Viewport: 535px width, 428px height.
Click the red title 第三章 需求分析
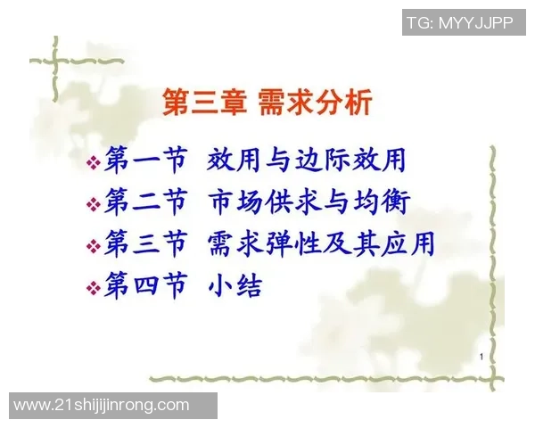point(266,102)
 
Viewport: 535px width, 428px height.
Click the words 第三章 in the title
point(202,102)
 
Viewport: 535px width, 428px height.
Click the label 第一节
point(145,160)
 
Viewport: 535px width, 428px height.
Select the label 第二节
point(145,202)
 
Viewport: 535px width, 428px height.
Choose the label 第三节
point(145,243)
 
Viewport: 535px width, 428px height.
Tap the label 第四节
point(145,285)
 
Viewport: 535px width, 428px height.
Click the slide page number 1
point(481,358)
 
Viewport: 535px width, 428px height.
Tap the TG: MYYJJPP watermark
point(459,23)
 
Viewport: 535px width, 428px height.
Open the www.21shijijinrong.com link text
point(102,405)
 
